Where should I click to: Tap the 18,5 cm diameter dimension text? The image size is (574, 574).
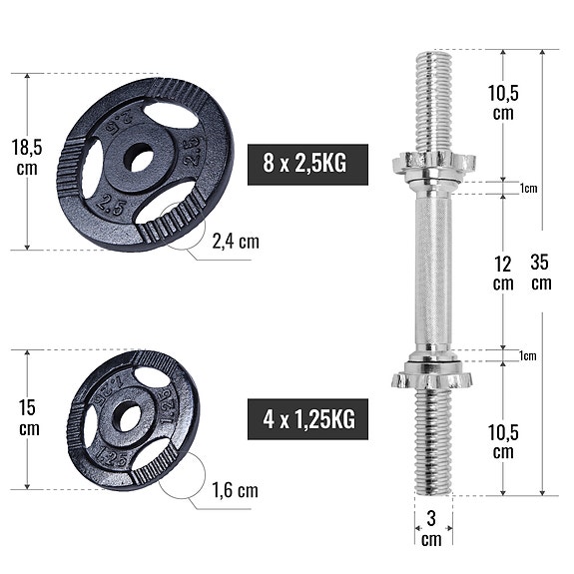27,158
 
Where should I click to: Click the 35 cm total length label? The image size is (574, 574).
540,273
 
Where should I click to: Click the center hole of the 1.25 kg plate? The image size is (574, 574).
128,417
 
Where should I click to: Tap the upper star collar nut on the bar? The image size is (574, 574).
433,162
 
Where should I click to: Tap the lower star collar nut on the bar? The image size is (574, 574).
431,377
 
